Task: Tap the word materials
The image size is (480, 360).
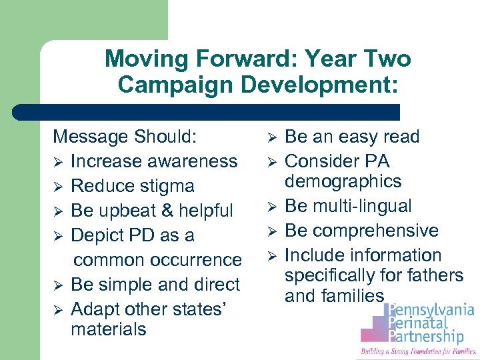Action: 108,329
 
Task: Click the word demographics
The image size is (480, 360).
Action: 343,181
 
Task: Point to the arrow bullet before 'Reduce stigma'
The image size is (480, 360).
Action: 58,187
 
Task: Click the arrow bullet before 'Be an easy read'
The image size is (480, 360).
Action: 271,137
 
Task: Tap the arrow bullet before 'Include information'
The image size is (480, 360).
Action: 271,256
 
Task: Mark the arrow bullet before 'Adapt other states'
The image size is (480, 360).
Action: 58,310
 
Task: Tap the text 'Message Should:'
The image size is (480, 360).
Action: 125,137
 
